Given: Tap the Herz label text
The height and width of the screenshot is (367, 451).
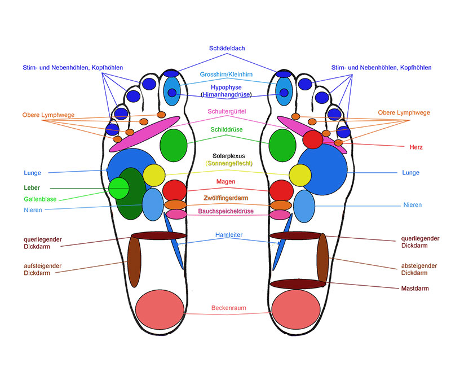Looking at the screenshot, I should [x=416, y=147].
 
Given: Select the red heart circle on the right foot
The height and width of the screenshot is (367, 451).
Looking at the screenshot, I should [x=312, y=138].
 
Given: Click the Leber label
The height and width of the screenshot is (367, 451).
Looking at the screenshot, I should [x=32, y=188].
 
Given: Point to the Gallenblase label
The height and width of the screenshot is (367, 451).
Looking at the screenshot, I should [x=39, y=199].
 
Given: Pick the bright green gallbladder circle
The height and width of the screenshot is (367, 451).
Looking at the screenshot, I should [x=119, y=188].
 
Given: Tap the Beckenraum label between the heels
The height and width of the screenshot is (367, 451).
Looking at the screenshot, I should [x=228, y=308].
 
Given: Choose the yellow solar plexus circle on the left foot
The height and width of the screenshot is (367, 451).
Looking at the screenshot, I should [x=153, y=175].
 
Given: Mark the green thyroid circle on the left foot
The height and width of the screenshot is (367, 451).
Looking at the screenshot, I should [x=174, y=145].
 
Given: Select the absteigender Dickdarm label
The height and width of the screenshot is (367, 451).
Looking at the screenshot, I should [x=414, y=269].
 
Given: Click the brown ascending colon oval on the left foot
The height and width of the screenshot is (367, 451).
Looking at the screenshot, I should [x=134, y=261].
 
